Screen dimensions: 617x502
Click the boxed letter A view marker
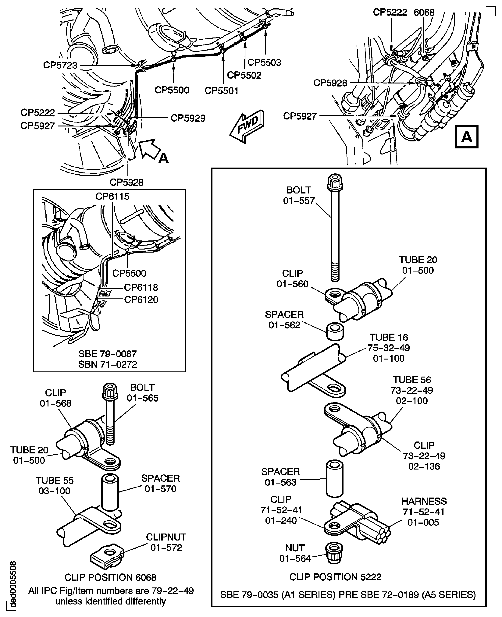pyautogui.click(x=466, y=137)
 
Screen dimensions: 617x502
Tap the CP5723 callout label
pyautogui.click(x=60, y=65)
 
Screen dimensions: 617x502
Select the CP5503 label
pyautogui.click(x=264, y=62)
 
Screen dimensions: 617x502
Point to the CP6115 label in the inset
pyautogui.click(x=112, y=197)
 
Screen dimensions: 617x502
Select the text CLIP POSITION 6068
pyautogui.click(x=110, y=577)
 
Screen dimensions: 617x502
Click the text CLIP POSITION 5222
pyautogui.click(x=335, y=577)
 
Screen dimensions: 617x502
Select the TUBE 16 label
pyautogui.click(x=389, y=337)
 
